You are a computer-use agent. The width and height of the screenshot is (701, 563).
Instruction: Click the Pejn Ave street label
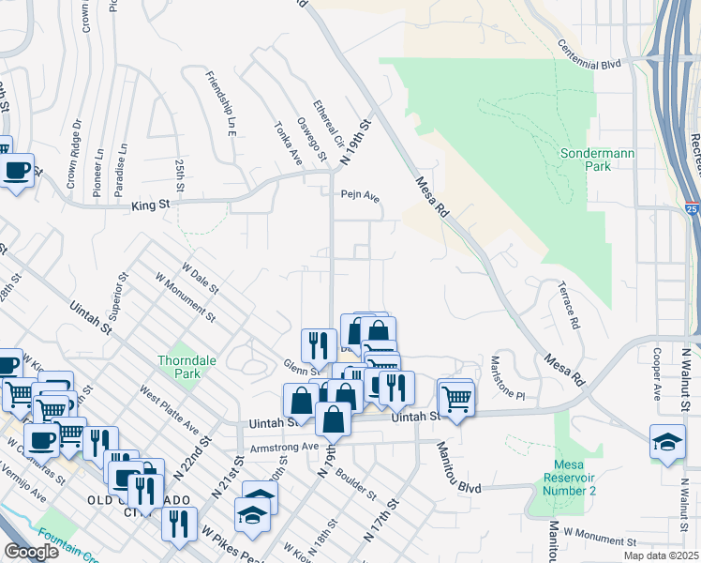(359, 197)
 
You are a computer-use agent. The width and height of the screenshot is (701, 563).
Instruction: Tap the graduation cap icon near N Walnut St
(666, 441)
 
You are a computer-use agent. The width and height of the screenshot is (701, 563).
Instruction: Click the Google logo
(31, 552)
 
